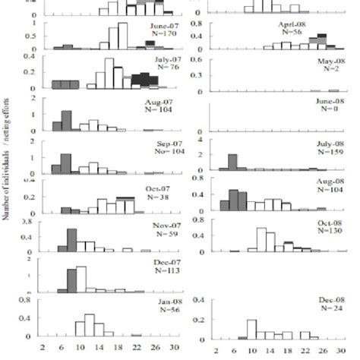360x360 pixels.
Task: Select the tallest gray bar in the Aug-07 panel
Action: [66, 121]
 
